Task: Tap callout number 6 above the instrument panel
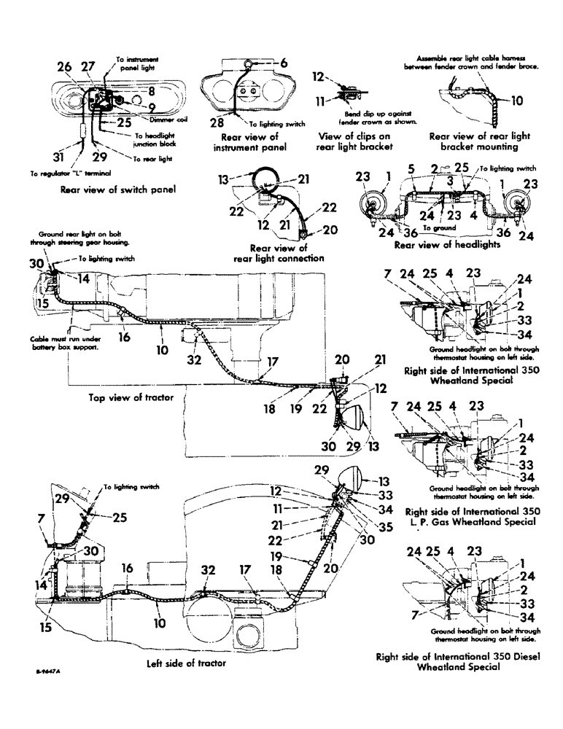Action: [x=284, y=63]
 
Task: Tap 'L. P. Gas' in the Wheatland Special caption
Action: [x=432, y=523]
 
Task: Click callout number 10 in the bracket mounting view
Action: [x=518, y=101]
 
